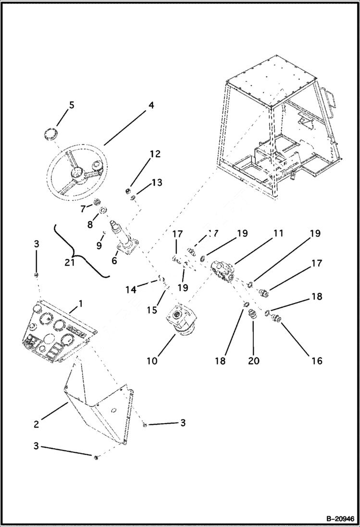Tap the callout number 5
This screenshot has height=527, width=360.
(x=71, y=104)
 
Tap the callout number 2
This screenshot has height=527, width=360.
(x=36, y=424)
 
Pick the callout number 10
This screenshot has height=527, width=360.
(x=152, y=360)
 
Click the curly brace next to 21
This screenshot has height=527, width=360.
(x=82, y=250)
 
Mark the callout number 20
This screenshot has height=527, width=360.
(x=253, y=361)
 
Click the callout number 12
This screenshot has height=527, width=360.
(x=155, y=154)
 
